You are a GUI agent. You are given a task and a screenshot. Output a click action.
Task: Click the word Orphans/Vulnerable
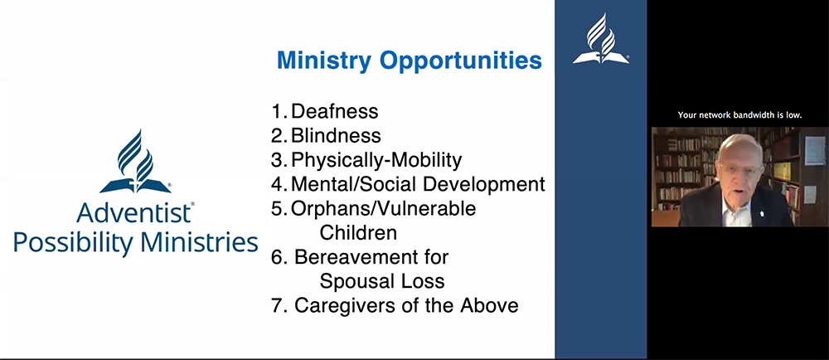point(383,208)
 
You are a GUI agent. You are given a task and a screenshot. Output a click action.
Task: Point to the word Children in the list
point(358,232)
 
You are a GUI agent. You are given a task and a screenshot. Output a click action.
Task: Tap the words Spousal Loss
point(382,280)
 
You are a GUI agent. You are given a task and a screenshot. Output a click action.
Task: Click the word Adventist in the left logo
point(134,214)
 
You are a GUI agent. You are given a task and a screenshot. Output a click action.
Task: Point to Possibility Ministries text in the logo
point(136,242)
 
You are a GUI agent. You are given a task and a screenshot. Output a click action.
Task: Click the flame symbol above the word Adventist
point(135,158)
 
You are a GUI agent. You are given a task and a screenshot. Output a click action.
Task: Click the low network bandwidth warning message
point(739,115)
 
